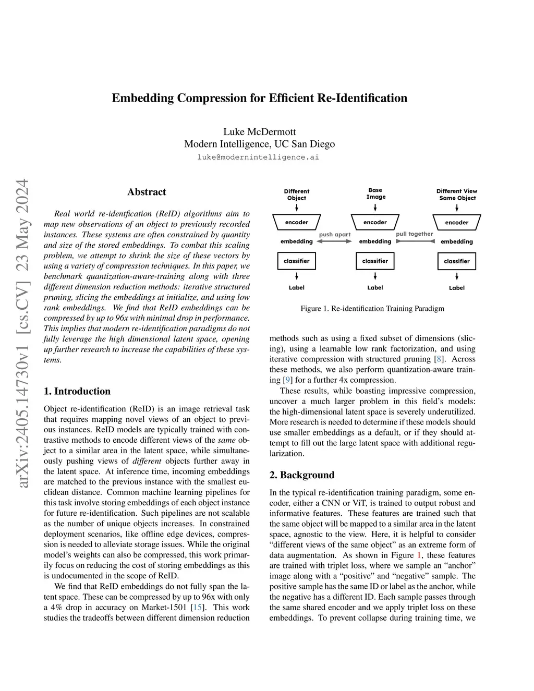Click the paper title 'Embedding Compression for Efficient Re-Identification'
[259, 98]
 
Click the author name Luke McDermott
[259, 131]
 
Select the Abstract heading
[147, 192]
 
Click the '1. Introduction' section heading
[77, 391]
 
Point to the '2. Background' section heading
[302, 475]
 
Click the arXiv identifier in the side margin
[22, 334]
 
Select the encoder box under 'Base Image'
[375, 222]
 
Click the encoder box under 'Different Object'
[297, 222]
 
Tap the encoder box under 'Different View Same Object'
[457, 223]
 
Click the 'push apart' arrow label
[335, 235]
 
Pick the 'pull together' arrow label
[415, 234]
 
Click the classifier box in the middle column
[375, 261]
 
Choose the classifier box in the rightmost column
[457, 261]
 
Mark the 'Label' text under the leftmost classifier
[297, 288]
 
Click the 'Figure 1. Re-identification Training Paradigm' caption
[372, 308]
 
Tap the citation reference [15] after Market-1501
[198, 607]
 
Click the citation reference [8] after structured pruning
[440, 359]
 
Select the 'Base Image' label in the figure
[375, 193]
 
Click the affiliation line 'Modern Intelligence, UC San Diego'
[259, 144]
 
